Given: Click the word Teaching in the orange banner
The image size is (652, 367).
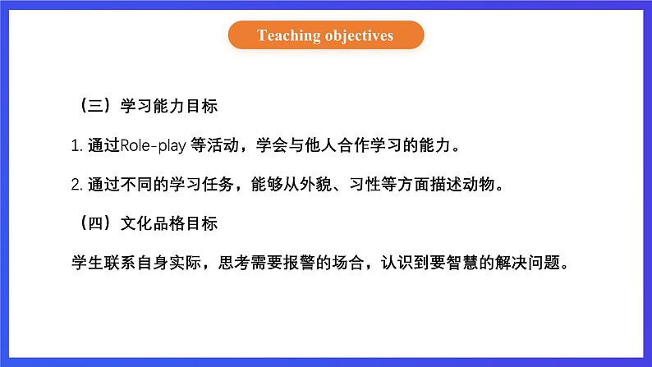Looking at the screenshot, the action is coord(288,36).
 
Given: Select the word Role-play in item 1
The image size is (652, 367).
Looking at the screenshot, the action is coord(153,145).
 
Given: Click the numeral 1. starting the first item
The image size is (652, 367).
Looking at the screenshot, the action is coord(77,146).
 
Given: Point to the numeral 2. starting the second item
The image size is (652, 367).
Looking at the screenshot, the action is coord(77,185).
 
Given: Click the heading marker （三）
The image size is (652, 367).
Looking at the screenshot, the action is coord(95,106).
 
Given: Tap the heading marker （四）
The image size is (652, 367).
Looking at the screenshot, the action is coord(95,223).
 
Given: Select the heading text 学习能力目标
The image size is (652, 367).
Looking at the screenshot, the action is coord(169,106).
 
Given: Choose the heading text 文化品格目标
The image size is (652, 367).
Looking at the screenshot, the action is coord(169,223).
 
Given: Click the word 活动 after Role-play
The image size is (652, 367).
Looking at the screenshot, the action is coord(223,145).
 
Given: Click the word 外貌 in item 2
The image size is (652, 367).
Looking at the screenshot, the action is coord(316,184).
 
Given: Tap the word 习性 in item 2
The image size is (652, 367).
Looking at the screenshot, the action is coord(365,184).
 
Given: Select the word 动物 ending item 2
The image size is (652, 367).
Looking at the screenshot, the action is coord(479,184).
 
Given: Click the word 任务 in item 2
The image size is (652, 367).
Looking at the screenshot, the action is coord(218,184).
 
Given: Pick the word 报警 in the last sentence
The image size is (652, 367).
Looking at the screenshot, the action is coord(300,262).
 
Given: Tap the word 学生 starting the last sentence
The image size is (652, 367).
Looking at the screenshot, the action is coord(88,262).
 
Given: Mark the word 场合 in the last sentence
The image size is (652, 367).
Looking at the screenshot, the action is coord(348,262).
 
